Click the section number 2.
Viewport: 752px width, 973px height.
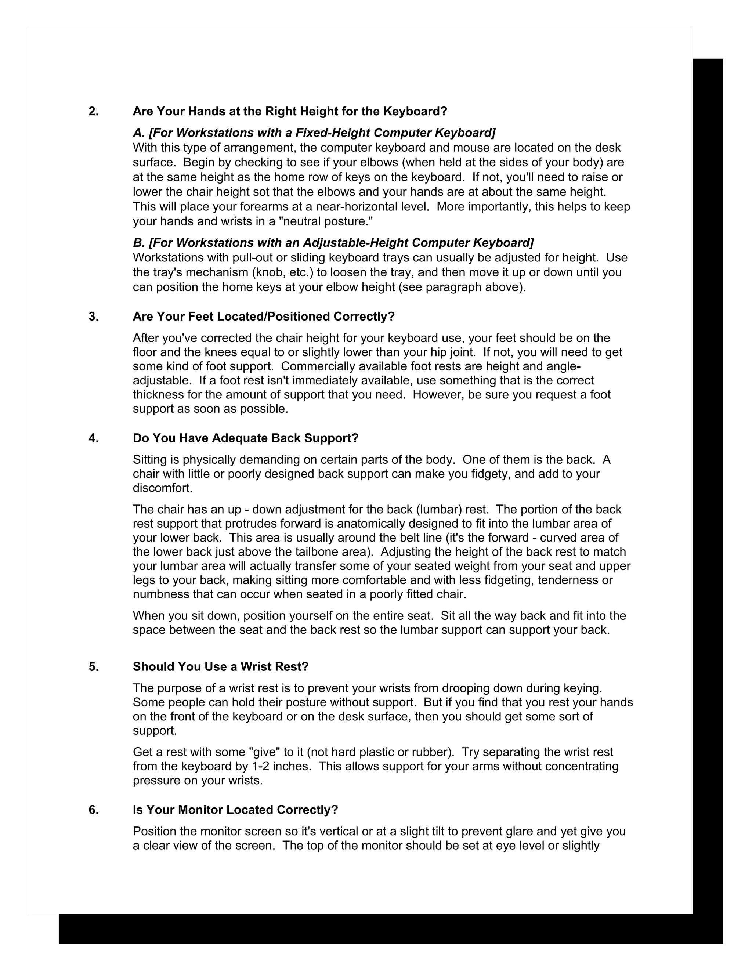[94, 111]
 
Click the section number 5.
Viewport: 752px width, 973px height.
[94, 666]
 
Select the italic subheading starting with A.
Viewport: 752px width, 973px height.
[314, 133]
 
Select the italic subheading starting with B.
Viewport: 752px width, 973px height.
[333, 243]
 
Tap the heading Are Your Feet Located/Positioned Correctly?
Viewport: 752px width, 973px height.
[264, 317]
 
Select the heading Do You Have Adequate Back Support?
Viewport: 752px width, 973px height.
[246, 438]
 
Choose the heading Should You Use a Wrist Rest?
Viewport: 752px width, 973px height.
[221, 666]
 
